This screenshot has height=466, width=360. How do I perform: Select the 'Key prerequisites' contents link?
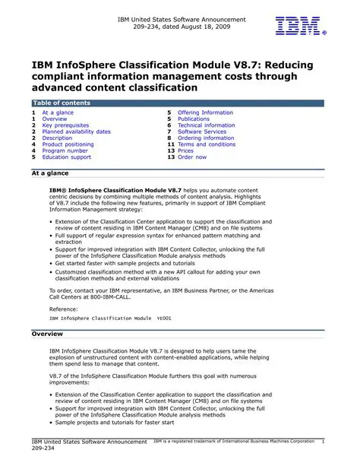(65, 125)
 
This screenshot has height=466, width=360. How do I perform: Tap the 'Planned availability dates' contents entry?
(76, 132)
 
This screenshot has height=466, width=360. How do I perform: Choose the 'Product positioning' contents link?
(68, 144)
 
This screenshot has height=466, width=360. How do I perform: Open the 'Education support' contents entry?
(66, 157)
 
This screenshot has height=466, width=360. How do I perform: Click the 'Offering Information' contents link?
(205, 113)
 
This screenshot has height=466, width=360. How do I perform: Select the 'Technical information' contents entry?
(206, 125)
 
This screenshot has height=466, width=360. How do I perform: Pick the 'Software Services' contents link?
(201, 132)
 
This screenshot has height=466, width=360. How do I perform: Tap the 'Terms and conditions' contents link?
(207, 144)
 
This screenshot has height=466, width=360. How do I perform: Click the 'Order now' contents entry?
(191, 157)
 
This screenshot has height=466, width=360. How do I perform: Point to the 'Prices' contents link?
(186, 151)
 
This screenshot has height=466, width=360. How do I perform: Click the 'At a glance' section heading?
(49, 173)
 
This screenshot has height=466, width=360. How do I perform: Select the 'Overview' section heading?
(46, 334)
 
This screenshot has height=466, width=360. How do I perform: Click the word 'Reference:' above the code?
(63, 309)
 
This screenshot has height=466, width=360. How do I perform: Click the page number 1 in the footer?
(323, 442)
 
